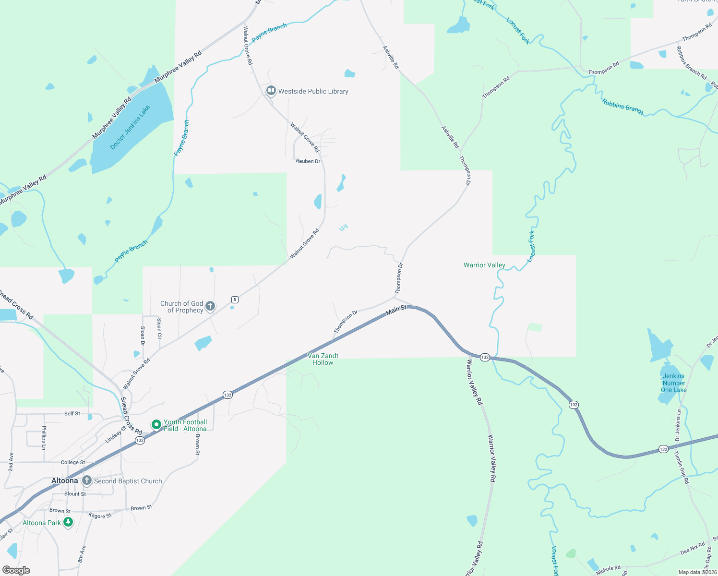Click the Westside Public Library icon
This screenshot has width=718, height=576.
pyautogui.click(x=271, y=91)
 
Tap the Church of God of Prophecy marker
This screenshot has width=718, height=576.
pyautogui.click(x=210, y=306)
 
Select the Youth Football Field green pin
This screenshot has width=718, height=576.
pyautogui.click(x=156, y=425)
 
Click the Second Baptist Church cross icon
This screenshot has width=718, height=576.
pyautogui.click(x=87, y=480)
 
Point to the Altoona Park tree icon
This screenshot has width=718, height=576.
pyautogui.click(x=68, y=522)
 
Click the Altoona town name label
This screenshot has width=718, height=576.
pyautogui.click(x=64, y=480)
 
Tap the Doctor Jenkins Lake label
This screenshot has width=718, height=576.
pyautogui.click(x=130, y=127)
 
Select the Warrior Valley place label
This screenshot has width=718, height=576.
pyautogui.click(x=484, y=265)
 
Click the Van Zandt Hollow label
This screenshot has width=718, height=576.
pyautogui.click(x=323, y=359)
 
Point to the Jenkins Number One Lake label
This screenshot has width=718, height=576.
pyautogui.click(x=674, y=383)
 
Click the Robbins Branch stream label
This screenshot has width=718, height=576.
pyautogui.click(x=622, y=106)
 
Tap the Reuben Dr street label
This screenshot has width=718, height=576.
pyautogui.click(x=308, y=161)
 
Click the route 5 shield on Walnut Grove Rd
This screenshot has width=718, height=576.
pyautogui.click(x=235, y=300)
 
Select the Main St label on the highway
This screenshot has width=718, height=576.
pyautogui.click(x=396, y=310)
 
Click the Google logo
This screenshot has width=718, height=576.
pyautogui.click(x=16, y=570)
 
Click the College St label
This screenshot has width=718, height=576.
pyautogui.click(x=72, y=462)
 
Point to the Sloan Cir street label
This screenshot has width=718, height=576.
pyautogui.click(x=159, y=328)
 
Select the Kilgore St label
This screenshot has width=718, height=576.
pyautogui.click(x=100, y=516)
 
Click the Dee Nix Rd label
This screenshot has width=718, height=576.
pyautogui.click(x=693, y=548)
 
